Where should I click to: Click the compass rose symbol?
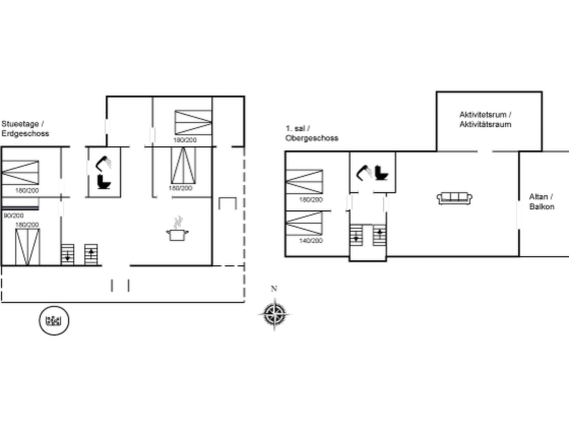(274, 314)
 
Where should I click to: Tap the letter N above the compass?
(274, 289)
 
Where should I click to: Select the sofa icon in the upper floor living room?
(455, 198)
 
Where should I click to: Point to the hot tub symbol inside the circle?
(54, 321)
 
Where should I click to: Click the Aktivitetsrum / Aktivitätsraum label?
(485, 120)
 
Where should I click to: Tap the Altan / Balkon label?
(541, 202)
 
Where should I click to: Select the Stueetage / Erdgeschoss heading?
(25, 129)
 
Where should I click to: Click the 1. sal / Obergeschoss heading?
(311, 133)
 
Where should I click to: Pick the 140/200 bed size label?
(311, 240)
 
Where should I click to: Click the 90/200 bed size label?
(14, 215)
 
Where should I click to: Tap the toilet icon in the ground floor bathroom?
(104, 182)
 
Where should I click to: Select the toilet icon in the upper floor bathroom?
(381, 173)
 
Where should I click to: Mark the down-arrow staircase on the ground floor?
(68, 255)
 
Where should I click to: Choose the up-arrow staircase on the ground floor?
(91, 255)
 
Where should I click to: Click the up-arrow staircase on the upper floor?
(380, 235)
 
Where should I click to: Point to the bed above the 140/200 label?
(304, 223)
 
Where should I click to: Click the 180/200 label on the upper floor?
(311, 200)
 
